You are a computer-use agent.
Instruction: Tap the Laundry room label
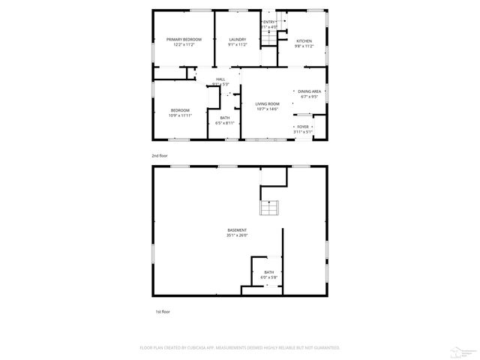237,39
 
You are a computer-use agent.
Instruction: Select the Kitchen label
304,40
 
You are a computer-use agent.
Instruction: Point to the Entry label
268,22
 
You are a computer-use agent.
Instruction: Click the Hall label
220,79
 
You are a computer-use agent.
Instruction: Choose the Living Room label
267,103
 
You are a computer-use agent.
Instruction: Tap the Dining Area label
309,91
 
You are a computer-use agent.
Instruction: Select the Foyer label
303,127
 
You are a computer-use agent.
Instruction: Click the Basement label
237,230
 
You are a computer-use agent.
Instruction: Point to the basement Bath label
268,272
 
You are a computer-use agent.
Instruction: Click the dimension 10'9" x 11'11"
180,115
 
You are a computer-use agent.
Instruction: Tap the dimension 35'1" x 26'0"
237,235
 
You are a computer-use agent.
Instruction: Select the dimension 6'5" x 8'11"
225,122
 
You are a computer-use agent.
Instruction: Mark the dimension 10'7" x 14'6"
267,109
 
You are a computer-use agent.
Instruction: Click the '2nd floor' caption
160,155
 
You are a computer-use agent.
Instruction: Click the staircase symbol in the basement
269,209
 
